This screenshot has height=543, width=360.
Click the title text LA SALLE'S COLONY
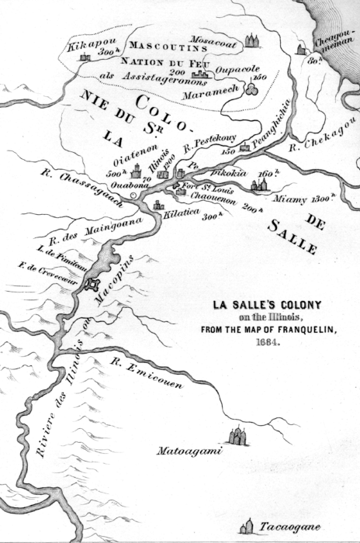pos(256,304)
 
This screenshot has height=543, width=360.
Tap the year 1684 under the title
pos(256,340)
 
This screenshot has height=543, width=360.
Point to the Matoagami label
pos(190,451)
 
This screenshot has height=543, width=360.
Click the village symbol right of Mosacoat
pos(252,39)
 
